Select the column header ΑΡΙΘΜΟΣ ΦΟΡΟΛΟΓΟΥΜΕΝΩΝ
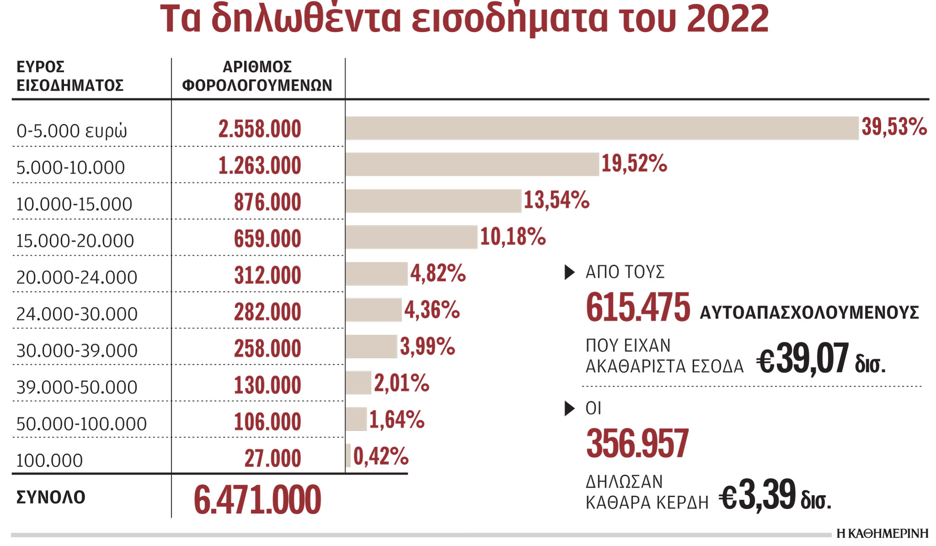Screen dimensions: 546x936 [257, 76]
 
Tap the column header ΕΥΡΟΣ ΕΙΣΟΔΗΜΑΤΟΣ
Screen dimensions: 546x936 [69, 76]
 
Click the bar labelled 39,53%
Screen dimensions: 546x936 [601, 128]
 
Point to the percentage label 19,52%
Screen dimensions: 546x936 [634, 164]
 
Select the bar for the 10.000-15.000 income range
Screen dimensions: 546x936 [433, 201]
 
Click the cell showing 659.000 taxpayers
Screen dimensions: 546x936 [267, 239]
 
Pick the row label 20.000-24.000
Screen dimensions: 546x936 [76, 277]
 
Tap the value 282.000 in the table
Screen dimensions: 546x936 [267, 312]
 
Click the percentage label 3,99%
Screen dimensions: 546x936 [427, 346]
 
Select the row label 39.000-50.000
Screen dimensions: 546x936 [76, 387]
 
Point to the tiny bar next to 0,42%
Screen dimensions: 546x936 [348, 456]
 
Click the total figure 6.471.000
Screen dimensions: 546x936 [257, 499]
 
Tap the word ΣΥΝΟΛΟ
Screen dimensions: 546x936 [51, 497]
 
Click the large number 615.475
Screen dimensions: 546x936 [638, 307]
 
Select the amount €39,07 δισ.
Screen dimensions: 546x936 [820, 360]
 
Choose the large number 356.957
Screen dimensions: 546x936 [637, 443]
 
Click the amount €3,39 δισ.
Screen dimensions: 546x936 [775, 496]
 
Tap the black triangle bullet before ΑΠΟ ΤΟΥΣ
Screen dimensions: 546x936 [569, 272]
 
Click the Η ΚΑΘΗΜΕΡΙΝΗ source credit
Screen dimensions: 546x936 [882, 533]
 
